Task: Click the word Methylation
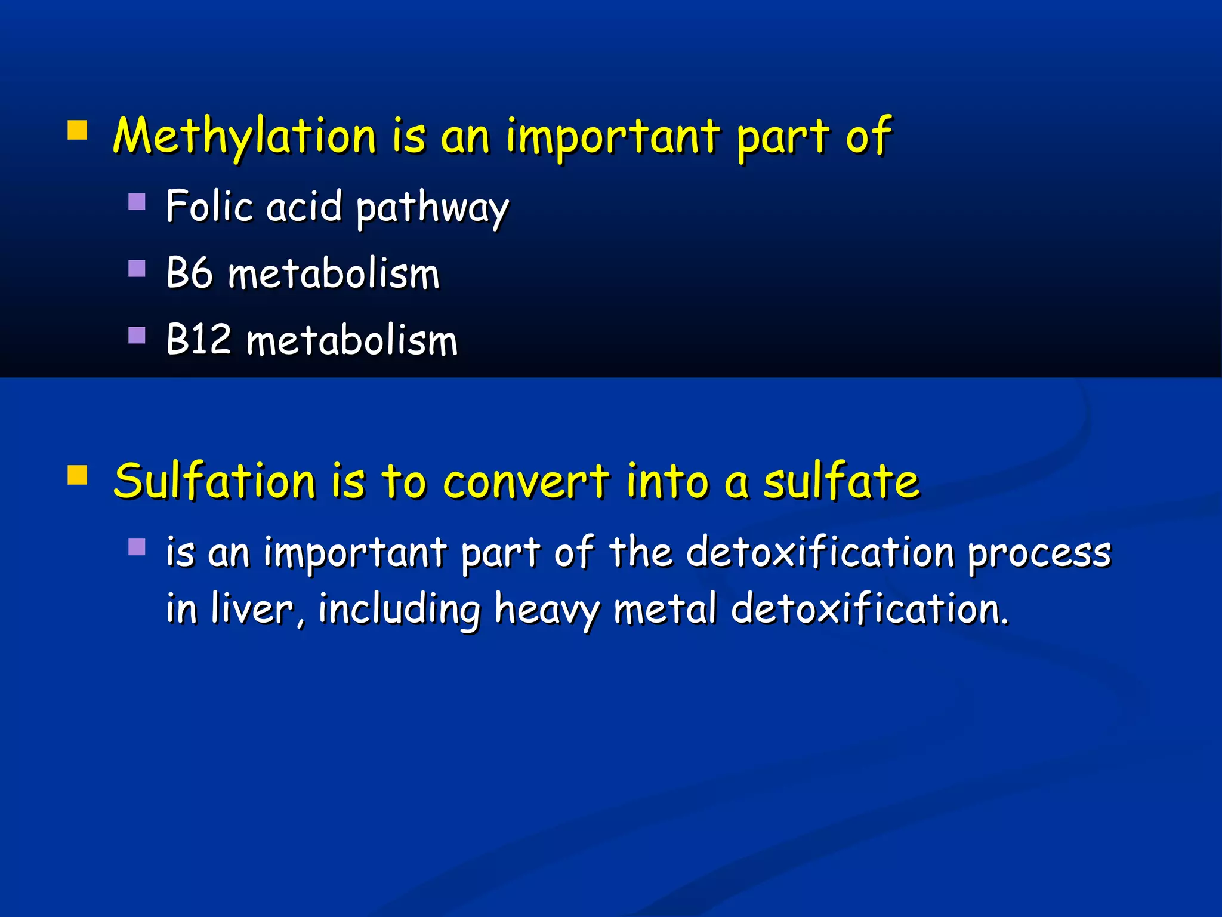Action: coord(245,136)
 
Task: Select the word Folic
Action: coord(209,206)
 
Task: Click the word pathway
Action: coord(433,208)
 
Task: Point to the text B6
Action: coord(189,273)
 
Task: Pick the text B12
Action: coord(198,340)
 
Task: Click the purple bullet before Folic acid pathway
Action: coord(137,202)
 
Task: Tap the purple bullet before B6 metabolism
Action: coord(137,269)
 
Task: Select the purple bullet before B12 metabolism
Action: coord(137,336)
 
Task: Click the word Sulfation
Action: coord(214,481)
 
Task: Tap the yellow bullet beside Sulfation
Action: coord(78,475)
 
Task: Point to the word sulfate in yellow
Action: coord(842,481)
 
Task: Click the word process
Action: coord(1039,553)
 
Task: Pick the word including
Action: coord(399,610)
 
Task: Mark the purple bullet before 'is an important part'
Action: coord(137,547)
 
